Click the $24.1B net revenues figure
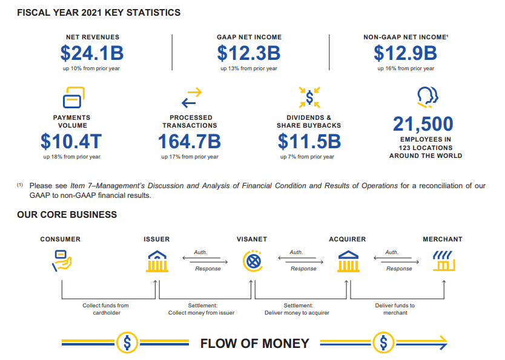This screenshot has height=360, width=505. (92, 53)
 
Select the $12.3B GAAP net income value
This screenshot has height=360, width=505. (249, 53)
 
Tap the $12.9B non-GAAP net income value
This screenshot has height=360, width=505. (405, 53)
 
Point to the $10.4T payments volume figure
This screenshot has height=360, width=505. (71, 142)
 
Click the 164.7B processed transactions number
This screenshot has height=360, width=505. (190, 142)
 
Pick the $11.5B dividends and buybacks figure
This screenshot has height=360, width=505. (309, 142)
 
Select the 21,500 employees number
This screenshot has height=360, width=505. (423, 124)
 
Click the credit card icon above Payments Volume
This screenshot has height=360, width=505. (73, 97)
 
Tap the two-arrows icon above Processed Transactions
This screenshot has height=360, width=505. (191, 97)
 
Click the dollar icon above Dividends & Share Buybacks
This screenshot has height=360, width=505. (309, 97)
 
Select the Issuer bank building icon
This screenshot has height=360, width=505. (157, 261)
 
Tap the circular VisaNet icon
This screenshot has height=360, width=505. (252, 261)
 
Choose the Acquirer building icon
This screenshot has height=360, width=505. (348, 261)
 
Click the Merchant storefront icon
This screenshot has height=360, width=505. (443, 261)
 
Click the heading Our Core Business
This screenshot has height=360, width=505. (67, 215)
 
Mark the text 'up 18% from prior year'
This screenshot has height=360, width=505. (71, 157)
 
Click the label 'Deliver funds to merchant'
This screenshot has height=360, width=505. (395, 309)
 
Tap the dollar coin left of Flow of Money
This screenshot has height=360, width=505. (127, 343)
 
